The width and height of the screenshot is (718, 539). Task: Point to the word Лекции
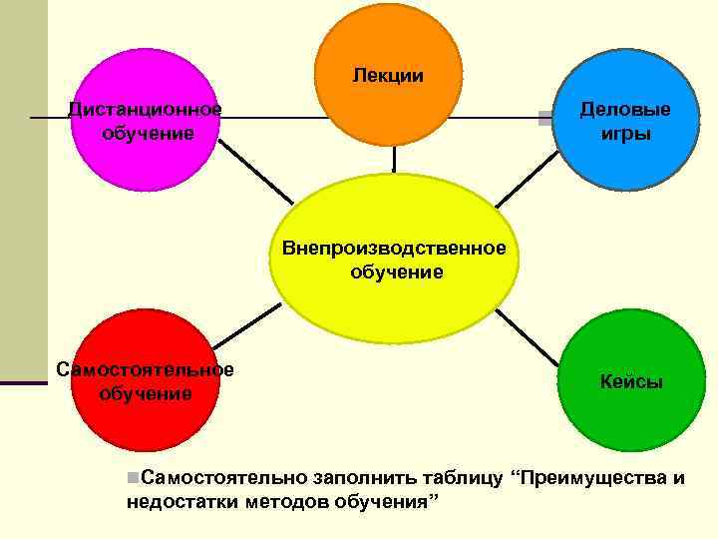(x=387, y=76)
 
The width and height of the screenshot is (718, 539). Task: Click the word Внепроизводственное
(x=394, y=248)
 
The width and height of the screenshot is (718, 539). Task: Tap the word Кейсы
(x=630, y=382)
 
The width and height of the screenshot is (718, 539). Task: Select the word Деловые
(x=625, y=110)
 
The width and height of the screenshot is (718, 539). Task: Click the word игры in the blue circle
(x=625, y=134)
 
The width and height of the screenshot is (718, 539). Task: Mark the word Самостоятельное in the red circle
(x=146, y=370)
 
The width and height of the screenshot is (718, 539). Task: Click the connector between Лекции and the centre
(x=395, y=160)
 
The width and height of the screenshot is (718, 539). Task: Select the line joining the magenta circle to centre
(x=255, y=170)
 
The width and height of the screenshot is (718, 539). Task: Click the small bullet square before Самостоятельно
(x=133, y=477)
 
